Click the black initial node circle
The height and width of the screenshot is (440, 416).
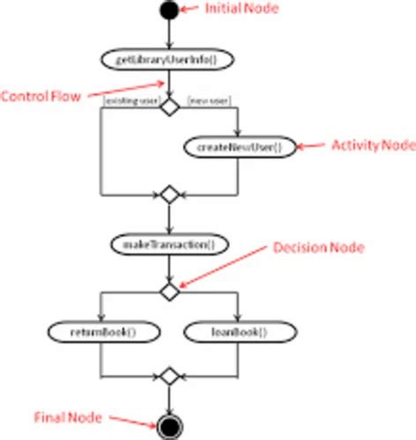[x=168, y=11]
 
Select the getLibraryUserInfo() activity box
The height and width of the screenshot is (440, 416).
[x=168, y=59]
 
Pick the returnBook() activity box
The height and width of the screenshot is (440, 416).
[x=103, y=333]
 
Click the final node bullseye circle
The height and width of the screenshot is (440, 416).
[x=168, y=427]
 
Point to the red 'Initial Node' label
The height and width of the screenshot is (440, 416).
[x=242, y=8]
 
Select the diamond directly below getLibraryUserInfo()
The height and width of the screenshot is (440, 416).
[x=168, y=106]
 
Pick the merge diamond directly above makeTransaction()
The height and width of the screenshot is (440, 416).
[x=168, y=194]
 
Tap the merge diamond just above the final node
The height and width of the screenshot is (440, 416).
[x=168, y=377]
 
